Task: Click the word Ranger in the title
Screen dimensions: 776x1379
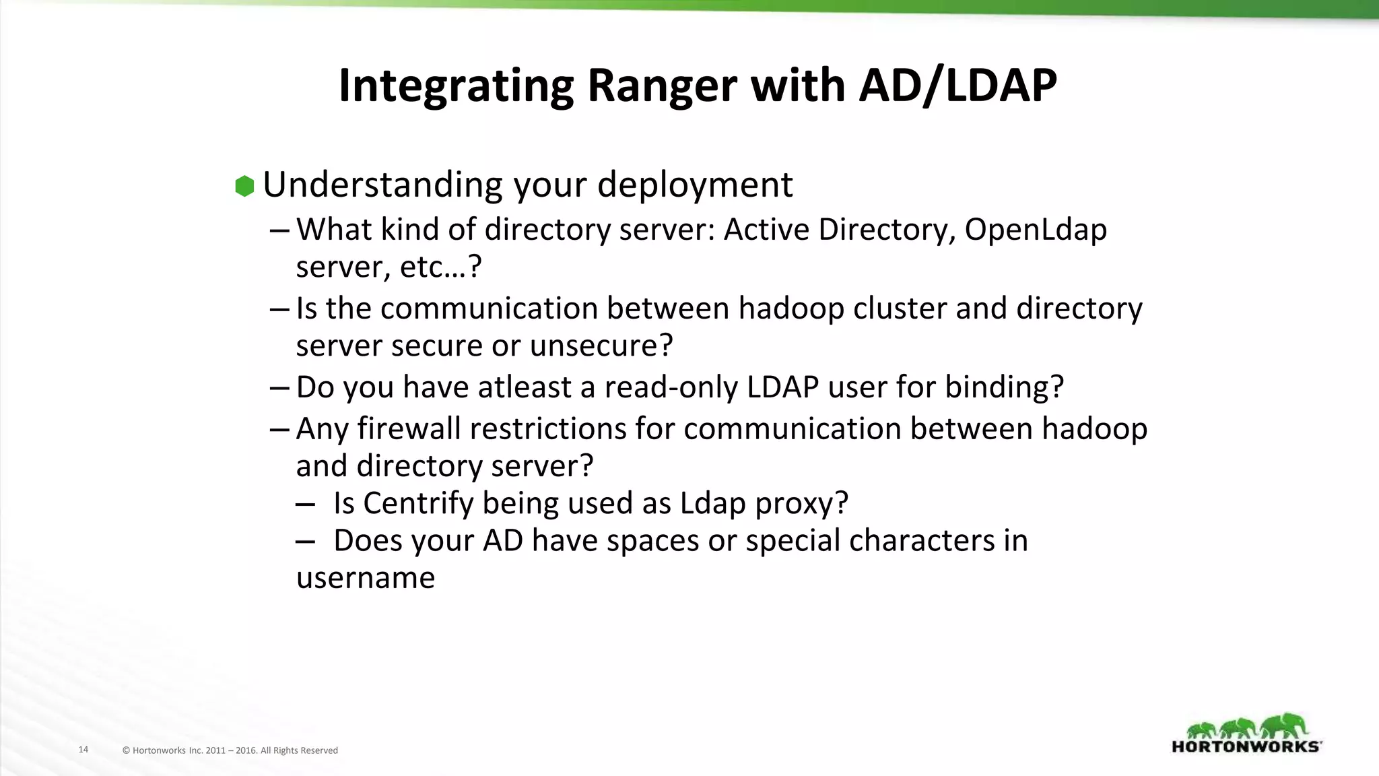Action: [662, 86]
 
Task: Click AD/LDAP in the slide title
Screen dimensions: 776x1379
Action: [957, 86]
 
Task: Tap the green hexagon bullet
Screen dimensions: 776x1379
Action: [244, 186]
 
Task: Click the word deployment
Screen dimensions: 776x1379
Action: [694, 185]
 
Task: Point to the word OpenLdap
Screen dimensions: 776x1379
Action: [1036, 230]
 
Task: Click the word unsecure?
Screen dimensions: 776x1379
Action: [601, 346]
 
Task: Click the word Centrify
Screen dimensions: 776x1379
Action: [418, 503]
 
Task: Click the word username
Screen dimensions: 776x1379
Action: [366, 578]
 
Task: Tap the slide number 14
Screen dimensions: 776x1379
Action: [83, 749]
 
